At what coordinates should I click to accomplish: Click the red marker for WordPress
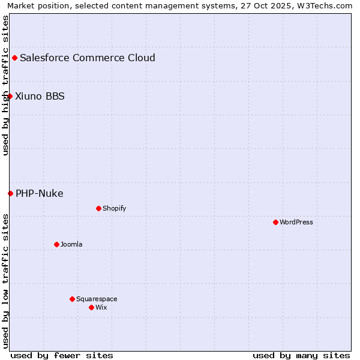click(275, 222)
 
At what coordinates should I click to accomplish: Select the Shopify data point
click(98, 208)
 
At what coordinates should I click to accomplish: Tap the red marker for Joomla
click(56, 244)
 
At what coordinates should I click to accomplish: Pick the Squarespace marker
click(72, 299)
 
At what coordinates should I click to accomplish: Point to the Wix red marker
click(91, 307)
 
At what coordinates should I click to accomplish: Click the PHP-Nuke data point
click(10, 193)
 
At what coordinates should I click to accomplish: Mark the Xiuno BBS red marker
click(10, 96)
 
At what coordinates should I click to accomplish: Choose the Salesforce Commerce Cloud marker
click(14, 58)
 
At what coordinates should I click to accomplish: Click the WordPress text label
click(296, 222)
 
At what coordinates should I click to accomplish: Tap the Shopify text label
click(114, 208)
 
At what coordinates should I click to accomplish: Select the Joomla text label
click(71, 244)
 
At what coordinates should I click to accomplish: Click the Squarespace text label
click(97, 299)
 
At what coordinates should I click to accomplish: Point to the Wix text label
click(101, 307)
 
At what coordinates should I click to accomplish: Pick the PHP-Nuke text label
click(39, 193)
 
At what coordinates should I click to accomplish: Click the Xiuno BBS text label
click(40, 96)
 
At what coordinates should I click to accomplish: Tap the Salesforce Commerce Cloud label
click(88, 58)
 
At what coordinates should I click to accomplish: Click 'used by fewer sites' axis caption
click(62, 355)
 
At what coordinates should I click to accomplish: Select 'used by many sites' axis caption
click(301, 355)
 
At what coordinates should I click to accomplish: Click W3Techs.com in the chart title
click(328, 5)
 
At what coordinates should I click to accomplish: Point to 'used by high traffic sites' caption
click(5, 85)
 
